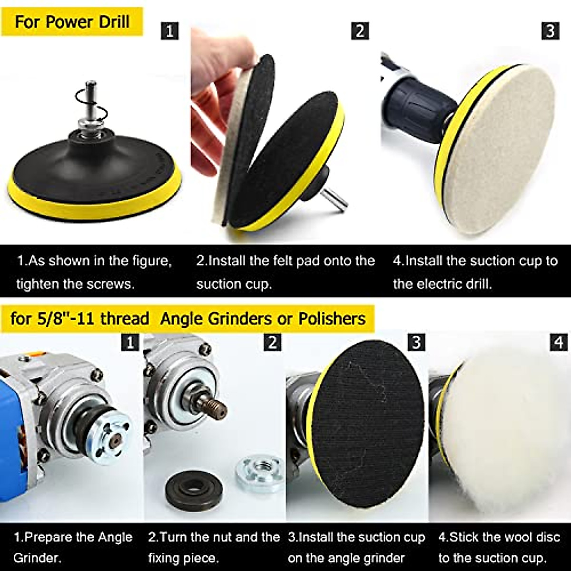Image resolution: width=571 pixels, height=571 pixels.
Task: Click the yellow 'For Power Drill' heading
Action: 72,22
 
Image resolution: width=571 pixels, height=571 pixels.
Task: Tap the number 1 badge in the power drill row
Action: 170,31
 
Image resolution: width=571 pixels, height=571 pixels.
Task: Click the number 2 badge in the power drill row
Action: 360,31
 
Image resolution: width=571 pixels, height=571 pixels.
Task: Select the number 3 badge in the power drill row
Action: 550,31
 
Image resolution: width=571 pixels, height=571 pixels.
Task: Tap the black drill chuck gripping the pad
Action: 414,107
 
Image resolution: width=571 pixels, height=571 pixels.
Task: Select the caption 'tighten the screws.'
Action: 75,284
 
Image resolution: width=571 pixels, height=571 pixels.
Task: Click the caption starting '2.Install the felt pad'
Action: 285,261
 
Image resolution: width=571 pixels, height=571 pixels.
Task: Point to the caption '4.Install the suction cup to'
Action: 475,261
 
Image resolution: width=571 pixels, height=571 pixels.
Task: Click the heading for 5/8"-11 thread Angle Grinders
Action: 188,318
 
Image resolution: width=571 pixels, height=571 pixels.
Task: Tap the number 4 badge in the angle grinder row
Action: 559,342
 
